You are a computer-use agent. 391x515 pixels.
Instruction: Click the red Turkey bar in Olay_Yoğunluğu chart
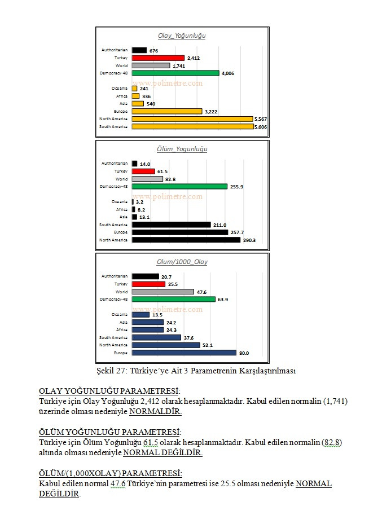click(158, 58)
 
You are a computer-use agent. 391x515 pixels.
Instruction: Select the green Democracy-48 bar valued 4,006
click(175, 73)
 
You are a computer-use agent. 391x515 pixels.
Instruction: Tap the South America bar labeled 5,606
click(192, 126)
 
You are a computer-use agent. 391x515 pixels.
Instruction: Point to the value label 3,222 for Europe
click(212, 111)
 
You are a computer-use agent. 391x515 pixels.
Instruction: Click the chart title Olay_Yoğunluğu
click(182, 36)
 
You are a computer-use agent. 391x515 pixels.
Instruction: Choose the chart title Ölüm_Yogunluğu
click(182, 149)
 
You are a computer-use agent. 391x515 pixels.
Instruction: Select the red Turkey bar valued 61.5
click(143, 171)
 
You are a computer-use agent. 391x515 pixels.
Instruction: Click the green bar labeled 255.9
click(179, 186)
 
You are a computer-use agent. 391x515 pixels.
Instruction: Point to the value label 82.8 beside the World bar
click(172, 179)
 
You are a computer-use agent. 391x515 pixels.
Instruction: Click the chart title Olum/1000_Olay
click(182, 262)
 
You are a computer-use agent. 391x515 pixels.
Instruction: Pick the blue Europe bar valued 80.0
click(183, 353)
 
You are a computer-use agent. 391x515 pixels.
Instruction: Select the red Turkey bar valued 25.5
click(148, 284)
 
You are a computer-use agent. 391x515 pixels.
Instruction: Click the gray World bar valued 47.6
click(162, 292)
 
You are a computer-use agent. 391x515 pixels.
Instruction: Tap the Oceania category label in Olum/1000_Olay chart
click(120, 314)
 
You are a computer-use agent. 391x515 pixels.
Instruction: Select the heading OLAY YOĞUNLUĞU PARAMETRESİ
click(109, 391)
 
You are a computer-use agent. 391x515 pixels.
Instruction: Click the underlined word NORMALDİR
click(155, 412)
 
